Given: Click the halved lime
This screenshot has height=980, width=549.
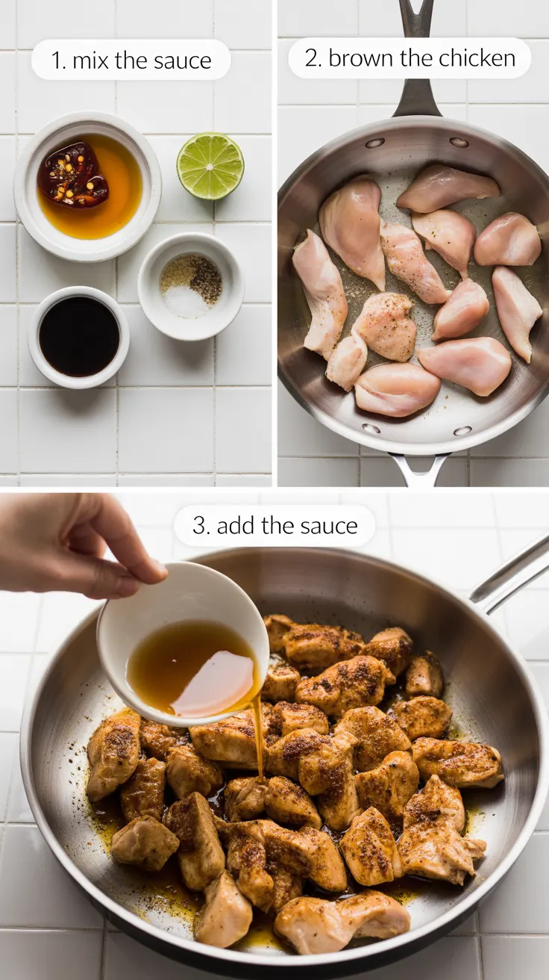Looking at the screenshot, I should pyautogui.click(x=210, y=167).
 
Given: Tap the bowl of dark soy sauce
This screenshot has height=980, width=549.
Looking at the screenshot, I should pyautogui.click(x=79, y=336).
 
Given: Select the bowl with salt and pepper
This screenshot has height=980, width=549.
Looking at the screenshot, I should pyautogui.click(x=191, y=285).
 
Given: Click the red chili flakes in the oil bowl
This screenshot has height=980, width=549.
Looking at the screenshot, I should pyautogui.click(x=73, y=175).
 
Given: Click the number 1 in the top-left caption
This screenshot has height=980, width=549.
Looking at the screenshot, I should pyautogui.click(x=55, y=61).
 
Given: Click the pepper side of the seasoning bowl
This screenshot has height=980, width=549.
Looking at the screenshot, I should pyautogui.click(x=204, y=279).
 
